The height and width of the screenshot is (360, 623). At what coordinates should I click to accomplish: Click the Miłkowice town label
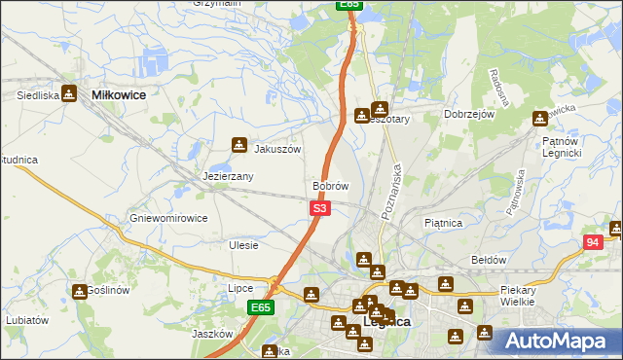(x=118, y=95)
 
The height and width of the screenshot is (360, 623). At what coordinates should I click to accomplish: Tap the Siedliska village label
(x=38, y=95)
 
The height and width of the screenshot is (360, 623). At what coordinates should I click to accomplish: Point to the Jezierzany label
(x=228, y=177)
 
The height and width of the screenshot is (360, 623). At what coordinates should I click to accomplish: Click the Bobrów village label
(x=330, y=185)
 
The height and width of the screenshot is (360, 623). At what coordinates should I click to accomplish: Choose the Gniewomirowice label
(x=168, y=218)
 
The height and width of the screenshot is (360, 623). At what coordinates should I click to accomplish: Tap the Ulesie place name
(x=243, y=245)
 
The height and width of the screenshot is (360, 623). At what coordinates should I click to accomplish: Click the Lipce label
(x=240, y=288)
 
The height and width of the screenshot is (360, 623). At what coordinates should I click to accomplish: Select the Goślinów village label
(x=109, y=291)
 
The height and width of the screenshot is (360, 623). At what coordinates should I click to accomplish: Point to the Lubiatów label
(x=26, y=319)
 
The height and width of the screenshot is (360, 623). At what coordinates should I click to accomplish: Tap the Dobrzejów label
(x=470, y=115)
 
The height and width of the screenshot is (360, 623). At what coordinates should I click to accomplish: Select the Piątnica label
(x=443, y=223)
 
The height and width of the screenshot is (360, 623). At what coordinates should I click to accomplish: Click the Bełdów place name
(x=489, y=261)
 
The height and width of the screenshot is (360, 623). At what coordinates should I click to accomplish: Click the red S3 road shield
(x=321, y=208)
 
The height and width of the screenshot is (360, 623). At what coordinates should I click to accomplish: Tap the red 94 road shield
(x=594, y=242)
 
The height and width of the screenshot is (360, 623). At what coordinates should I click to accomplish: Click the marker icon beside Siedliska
(x=69, y=93)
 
